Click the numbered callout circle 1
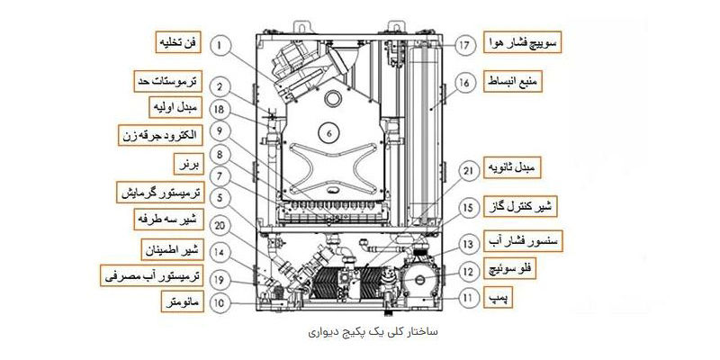coord(220,42)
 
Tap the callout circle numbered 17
coord(463,43)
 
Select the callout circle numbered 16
coord(463,83)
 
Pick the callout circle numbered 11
coord(466,295)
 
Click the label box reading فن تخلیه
coord(177,41)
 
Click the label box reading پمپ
coord(497,296)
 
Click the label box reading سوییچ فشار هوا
coord(521,43)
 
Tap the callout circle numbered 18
coord(220,109)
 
